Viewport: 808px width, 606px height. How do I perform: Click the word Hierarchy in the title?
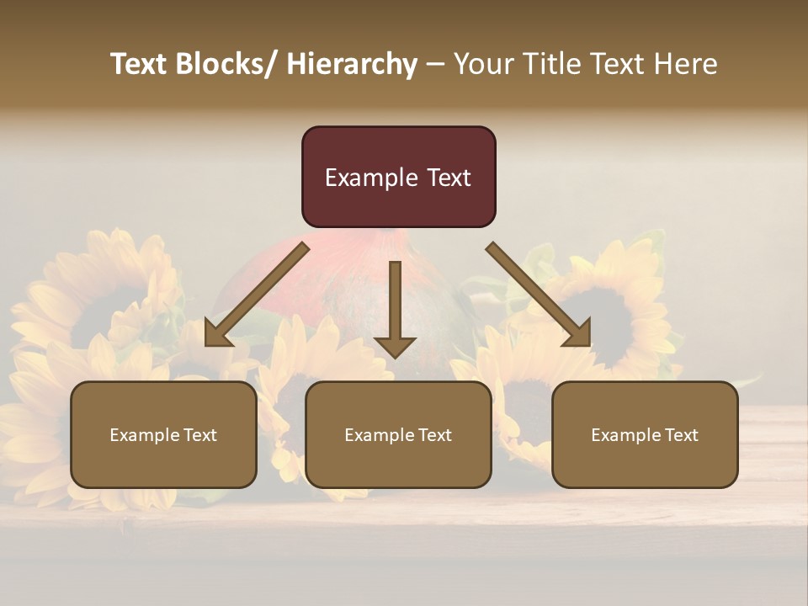coord(352,65)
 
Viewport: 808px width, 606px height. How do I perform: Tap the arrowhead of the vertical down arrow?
coord(395,346)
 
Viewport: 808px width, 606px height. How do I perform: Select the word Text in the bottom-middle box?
coord(433,435)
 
